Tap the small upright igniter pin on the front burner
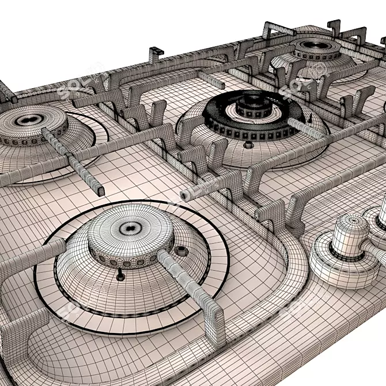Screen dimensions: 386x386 point(120,275)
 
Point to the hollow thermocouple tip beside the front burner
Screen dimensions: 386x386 point(182,251)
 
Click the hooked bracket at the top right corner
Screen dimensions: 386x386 point(334,26)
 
